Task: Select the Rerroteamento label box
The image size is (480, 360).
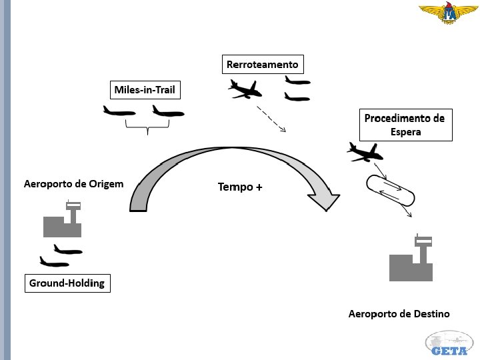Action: point(263,65)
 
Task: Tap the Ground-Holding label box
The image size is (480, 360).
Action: point(67,283)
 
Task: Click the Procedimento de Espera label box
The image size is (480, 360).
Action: point(405,125)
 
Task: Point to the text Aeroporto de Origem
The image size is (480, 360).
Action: point(73,183)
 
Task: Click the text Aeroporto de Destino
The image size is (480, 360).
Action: point(399,313)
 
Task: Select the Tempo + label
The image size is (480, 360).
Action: point(240,187)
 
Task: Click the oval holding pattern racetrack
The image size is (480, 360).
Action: point(389,191)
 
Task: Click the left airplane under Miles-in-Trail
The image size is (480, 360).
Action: point(119,111)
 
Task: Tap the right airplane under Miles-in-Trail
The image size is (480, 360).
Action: point(167,111)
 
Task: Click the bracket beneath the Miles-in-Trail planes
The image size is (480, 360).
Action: point(147,128)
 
